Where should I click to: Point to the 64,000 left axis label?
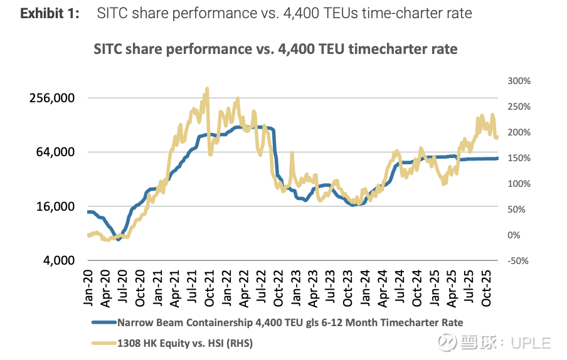pos(55,152)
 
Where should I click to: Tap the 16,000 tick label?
pos(55,206)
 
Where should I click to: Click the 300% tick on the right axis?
pos(519,81)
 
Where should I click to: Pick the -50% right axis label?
pos(520,261)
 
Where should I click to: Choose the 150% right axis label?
pos(519,158)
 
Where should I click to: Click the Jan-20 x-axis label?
pos(89,287)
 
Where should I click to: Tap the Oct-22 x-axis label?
pos(277,287)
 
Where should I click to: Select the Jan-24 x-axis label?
pos(363,287)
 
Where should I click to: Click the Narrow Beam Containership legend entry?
pos(290,322)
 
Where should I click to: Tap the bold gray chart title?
pos(275,49)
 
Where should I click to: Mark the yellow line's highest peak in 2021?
pos(206,88)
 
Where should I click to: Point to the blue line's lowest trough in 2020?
pos(118,239)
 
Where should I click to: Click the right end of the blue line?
pos(498,158)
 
